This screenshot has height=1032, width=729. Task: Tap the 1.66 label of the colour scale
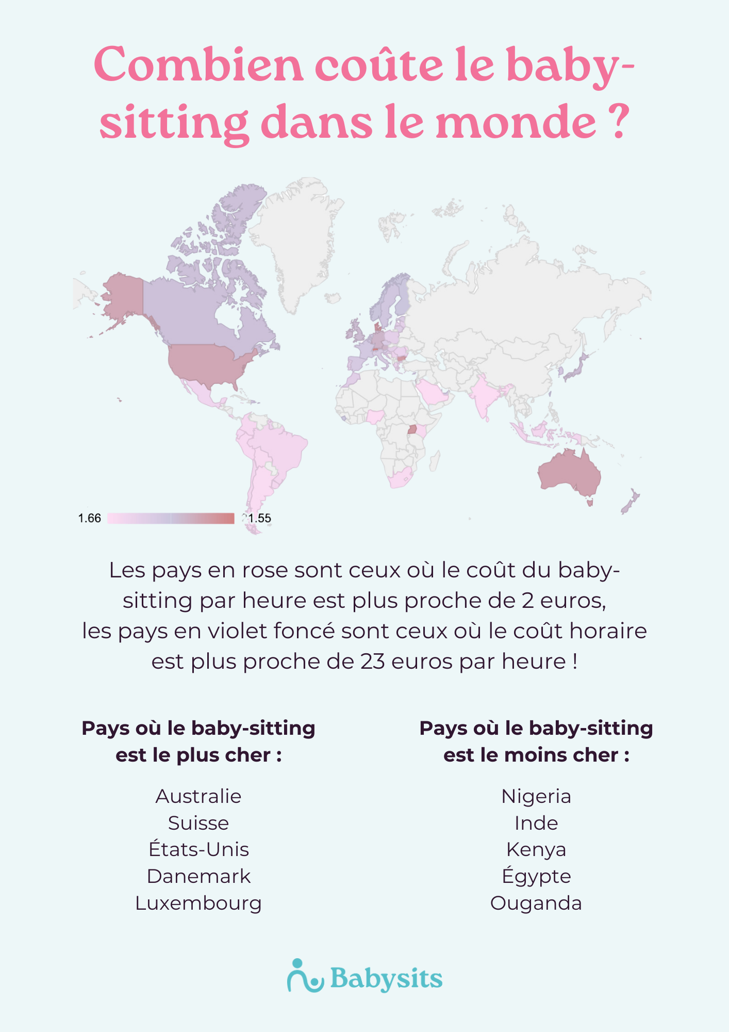(89, 518)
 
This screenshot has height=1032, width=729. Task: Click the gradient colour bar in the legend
(171, 518)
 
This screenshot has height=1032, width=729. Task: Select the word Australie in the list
(198, 796)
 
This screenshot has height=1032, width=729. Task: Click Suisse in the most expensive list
(198, 823)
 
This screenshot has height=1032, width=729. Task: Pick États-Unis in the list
(198, 849)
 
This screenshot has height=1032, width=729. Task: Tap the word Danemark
(198, 876)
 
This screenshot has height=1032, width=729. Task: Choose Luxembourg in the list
(198, 903)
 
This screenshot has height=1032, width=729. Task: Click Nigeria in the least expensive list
(536, 796)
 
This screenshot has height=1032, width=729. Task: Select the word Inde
(536, 823)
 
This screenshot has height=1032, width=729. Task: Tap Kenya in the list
(536, 849)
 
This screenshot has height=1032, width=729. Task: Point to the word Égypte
(536, 876)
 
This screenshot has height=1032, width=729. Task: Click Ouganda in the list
(536, 903)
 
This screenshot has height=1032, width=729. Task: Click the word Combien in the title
(198, 66)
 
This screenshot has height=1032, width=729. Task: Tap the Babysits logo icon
(304, 976)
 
